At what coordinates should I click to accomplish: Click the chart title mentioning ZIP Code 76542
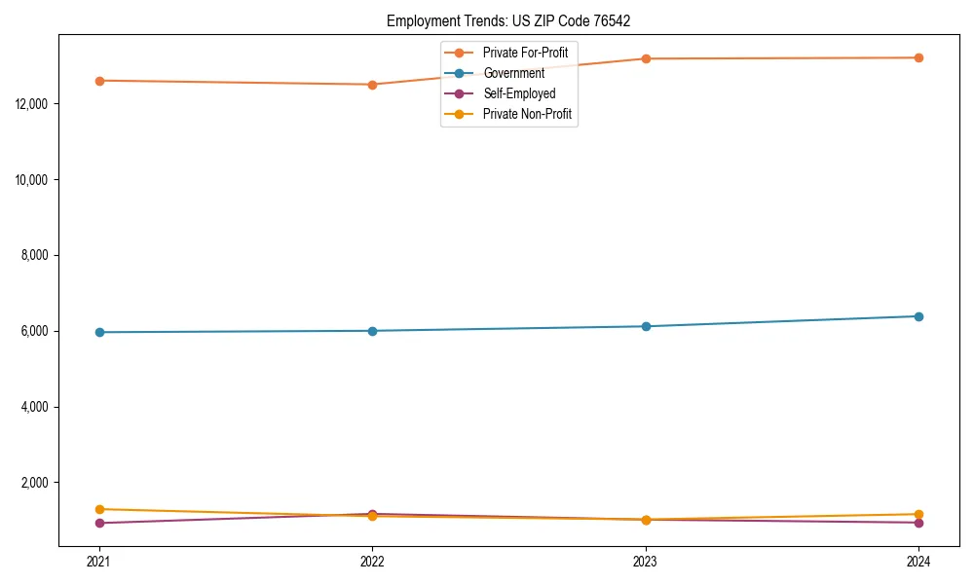515,20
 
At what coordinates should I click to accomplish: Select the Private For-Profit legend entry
525,53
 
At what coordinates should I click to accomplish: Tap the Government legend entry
513,73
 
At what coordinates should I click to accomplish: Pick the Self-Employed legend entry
519,93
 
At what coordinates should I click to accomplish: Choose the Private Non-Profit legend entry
527,114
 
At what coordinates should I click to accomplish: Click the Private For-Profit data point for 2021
99,81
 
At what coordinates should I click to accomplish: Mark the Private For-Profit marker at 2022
372,85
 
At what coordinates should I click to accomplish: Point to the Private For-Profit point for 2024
918,57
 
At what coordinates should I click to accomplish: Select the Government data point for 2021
99,332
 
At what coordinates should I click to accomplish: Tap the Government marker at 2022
372,331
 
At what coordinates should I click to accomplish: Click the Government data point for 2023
646,326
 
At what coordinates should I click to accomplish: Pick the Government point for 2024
918,316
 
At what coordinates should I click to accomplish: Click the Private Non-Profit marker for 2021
99,509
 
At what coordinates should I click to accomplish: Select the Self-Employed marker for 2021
99,523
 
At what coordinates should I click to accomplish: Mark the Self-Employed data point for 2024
918,523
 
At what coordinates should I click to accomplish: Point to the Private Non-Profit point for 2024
918,514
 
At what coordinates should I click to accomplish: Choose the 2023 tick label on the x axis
646,561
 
